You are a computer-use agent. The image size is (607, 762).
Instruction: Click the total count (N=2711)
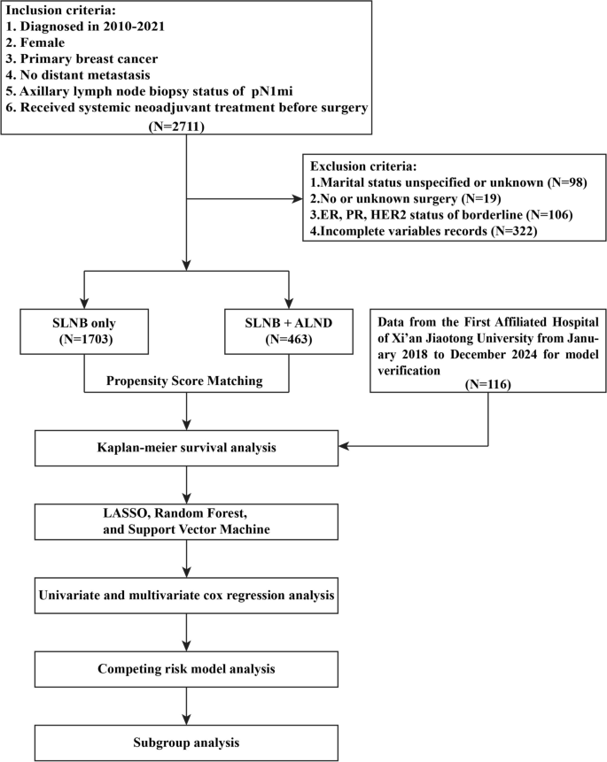tap(186, 127)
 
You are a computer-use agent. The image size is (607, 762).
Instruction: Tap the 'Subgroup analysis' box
tap(185, 738)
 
